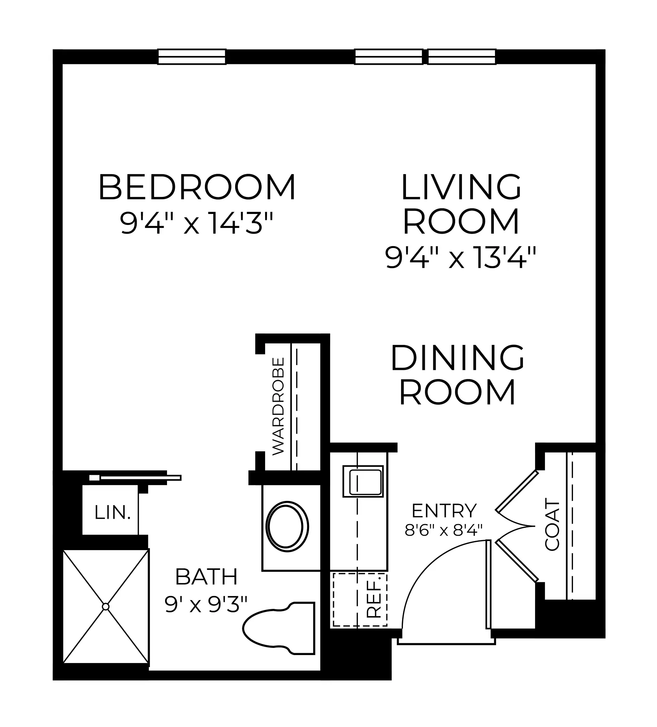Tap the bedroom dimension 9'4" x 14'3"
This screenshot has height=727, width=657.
tap(197, 223)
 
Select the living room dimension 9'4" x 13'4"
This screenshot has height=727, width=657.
tap(461, 257)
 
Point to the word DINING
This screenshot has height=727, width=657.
tap(457, 358)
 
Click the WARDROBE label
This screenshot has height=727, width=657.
tap(278, 406)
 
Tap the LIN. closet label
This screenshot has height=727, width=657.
tap(112, 513)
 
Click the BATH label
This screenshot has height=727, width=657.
tap(206, 577)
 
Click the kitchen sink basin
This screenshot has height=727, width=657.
tap(363, 481)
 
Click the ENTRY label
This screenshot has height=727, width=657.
tap(444, 511)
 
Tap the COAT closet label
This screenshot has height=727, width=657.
tap(552, 524)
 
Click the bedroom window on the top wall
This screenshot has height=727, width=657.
tap(192, 57)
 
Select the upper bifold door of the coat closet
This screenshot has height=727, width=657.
tap(517, 491)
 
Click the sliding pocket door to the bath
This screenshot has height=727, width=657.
tap(135, 477)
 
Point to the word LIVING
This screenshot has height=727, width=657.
tap(461, 187)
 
